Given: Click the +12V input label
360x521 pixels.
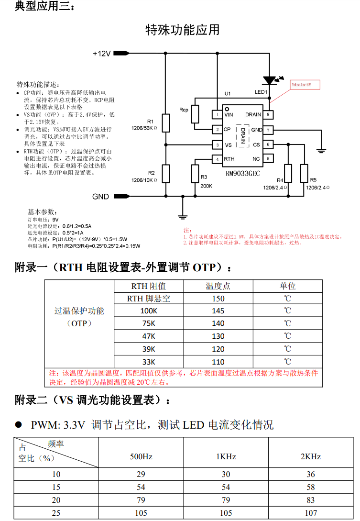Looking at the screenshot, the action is [102, 54].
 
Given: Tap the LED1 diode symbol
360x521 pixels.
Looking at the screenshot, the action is [270, 80].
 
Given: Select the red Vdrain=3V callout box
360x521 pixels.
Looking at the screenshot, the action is [305, 85].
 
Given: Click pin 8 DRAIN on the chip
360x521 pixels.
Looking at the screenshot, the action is [270, 115].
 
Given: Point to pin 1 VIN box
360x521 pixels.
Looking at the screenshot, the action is [217, 115].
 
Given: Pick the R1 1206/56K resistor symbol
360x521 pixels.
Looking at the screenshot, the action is [166, 123].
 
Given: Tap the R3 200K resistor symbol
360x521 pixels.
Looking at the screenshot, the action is [195, 173].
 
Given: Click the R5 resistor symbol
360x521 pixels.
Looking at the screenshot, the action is [304, 173].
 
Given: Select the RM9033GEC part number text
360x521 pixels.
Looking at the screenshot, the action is [243, 174].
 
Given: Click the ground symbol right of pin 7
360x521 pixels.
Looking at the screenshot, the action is [321, 150].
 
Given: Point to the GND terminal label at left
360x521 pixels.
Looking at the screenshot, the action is [100, 197].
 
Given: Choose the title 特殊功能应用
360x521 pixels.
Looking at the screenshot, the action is [182, 30].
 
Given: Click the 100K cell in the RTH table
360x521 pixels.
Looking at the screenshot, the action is [149, 311].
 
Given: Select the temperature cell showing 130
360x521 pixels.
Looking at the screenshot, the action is [218, 336].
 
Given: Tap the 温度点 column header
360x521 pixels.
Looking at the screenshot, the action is [218, 286].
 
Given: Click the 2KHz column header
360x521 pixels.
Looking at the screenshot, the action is [310, 456].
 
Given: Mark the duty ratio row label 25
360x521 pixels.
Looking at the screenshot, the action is [56, 513].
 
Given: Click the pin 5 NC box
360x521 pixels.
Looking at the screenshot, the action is [270, 159].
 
